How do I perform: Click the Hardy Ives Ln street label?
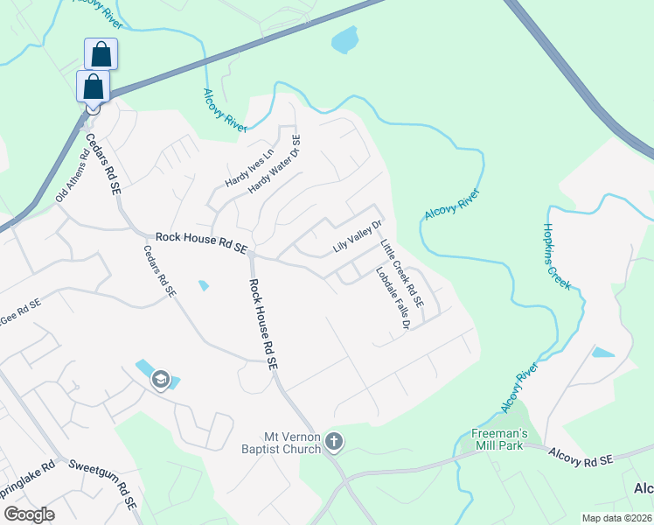[x=249, y=168]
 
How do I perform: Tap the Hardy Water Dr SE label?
[x=275, y=164]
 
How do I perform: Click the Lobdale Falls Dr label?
[x=393, y=297]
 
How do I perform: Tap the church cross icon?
[x=333, y=443]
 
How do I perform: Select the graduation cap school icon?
[x=160, y=379]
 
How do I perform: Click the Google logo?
[x=29, y=514]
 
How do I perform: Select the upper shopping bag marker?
[x=101, y=54]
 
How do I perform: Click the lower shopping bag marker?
[x=93, y=87]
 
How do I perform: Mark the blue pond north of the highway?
[x=345, y=39]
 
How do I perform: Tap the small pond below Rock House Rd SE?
[x=204, y=285]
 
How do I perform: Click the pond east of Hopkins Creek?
[x=602, y=353]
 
